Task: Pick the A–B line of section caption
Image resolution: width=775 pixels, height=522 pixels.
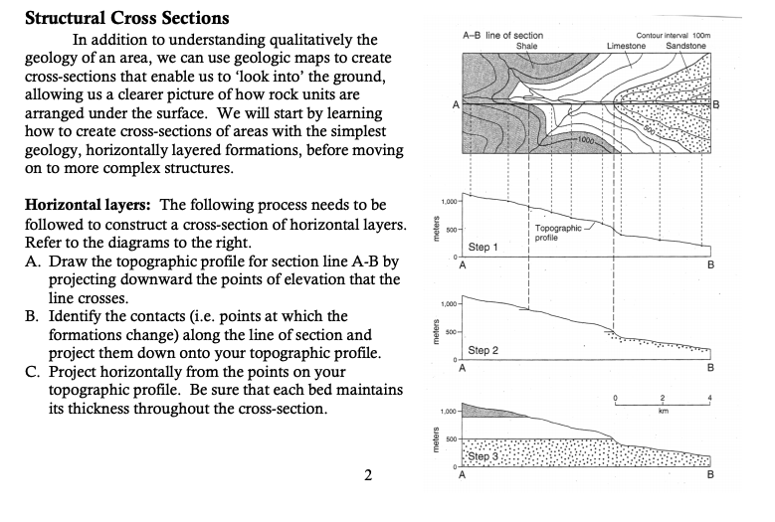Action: pos(503,36)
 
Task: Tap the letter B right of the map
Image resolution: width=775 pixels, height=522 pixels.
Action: pos(715,104)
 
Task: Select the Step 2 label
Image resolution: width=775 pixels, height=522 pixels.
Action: pos(483,350)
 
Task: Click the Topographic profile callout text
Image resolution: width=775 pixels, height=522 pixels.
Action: pos(557,233)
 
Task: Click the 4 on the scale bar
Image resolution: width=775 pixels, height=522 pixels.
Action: pos(709,397)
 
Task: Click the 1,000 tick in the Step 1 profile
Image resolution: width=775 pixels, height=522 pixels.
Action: pos(447,202)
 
